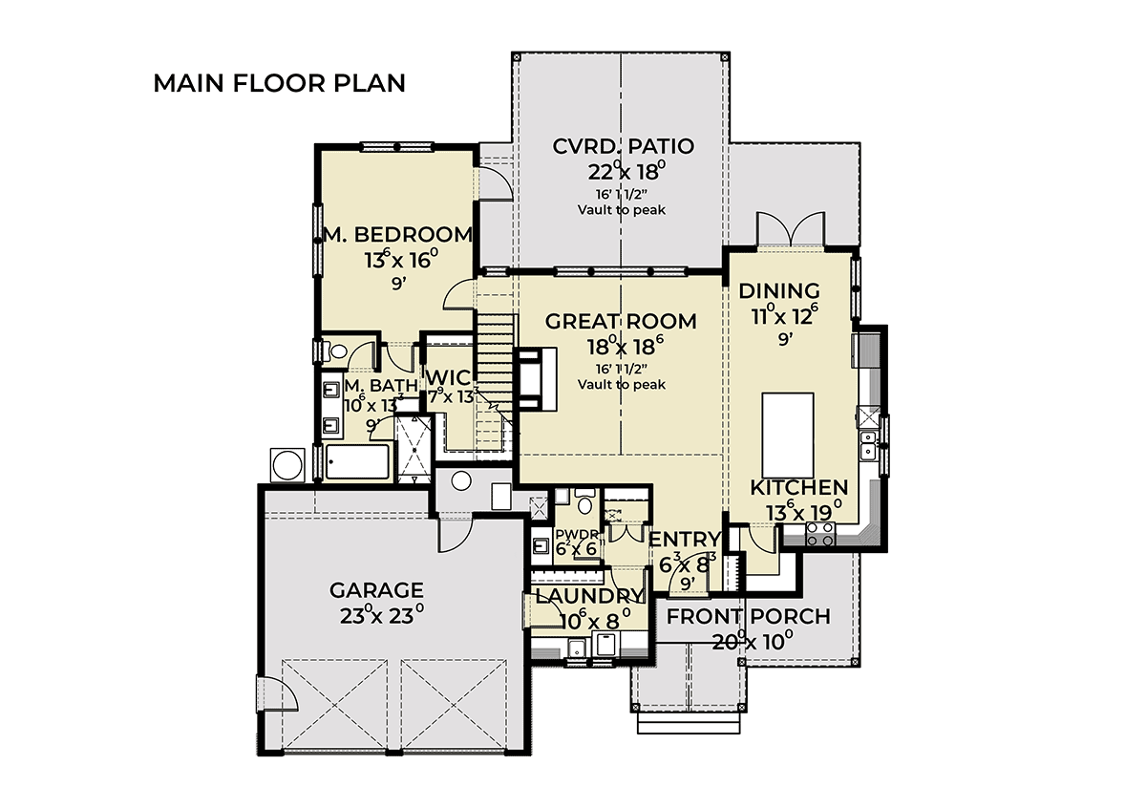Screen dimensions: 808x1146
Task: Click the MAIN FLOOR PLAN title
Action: pyautogui.click(x=279, y=83)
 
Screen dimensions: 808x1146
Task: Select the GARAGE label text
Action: pyautogui.click(x=376, y=589)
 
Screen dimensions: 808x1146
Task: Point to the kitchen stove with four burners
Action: pyautogui.click(x=820, y=535)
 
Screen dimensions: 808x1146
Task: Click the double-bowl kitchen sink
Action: pyautogui.click(x=870, y=445)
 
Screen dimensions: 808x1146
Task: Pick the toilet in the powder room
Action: pyautogui.click(x=584, y=500)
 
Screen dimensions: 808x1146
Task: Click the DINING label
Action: pyautogui.click(x=779, y=290)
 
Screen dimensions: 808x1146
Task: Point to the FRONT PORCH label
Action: pyautogui.click(x=748, y=616)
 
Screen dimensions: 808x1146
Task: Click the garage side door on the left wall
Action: pyautogui.click(x=275, y=694)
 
